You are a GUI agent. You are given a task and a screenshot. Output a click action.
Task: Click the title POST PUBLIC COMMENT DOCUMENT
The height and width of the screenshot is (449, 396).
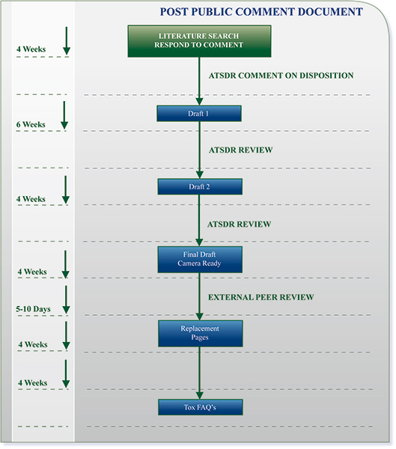[261, 12]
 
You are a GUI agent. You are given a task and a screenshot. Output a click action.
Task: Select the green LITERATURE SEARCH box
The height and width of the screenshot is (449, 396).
[199, 40]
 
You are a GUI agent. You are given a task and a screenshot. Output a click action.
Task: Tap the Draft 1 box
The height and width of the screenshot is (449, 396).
[199, 114]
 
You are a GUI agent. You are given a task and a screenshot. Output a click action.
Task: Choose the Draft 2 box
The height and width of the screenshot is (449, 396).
[199, 186]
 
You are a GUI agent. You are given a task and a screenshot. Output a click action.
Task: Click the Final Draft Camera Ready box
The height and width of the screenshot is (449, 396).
[199, 259]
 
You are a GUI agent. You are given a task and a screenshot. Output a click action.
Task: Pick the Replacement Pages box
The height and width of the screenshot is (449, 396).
[199, 333]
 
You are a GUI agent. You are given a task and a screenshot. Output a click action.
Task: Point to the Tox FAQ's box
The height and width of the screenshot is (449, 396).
[199, 407]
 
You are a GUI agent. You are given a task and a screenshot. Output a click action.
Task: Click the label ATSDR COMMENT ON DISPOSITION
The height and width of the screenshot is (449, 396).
[281, 76]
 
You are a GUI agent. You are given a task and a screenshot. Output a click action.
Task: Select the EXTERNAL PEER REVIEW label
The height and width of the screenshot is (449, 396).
[261, 297]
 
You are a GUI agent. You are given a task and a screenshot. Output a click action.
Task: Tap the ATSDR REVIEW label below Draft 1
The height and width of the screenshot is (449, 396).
[240, 150]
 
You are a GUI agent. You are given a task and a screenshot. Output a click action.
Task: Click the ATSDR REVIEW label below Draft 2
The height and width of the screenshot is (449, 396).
[240, 224]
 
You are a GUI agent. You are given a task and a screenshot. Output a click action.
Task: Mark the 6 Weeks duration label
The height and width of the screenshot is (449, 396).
[31, 125]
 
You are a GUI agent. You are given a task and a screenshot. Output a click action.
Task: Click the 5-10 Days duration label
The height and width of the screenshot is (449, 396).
[31, 308]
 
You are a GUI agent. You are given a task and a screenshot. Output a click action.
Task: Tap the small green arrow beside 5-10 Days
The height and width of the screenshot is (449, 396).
[66, 299]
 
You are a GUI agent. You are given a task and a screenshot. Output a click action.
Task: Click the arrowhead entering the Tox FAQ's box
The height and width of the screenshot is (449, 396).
[199, 394]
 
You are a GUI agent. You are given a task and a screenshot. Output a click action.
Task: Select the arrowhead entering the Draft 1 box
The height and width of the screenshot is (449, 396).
[199, 101]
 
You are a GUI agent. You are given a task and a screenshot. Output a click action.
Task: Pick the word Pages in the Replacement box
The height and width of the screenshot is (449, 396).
[199, 338]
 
